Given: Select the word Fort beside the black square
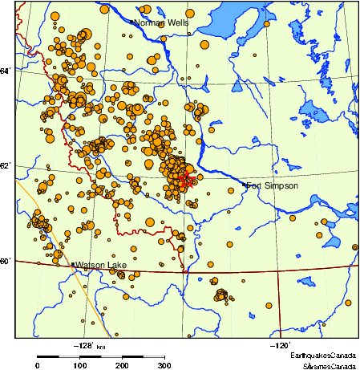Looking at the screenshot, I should click(x=255, y=185).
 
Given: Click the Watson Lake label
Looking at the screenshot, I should click(x=100, y=264).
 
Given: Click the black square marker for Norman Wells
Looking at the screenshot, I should click(x=131, y=22).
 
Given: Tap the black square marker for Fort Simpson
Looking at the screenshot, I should click(x=245, y=185).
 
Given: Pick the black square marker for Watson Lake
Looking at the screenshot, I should click(x=73, y=264).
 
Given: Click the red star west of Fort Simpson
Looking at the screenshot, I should click(x=185, y=177).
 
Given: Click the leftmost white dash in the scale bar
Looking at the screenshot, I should click(x=69, y=355).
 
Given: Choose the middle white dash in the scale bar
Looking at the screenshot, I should click(x=111, y=355).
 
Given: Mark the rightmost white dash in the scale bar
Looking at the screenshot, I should click(x=154, y=355).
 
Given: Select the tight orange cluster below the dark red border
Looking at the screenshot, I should click(x=220, y=295).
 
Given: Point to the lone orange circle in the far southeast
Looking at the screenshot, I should click(x=270, y=305).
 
